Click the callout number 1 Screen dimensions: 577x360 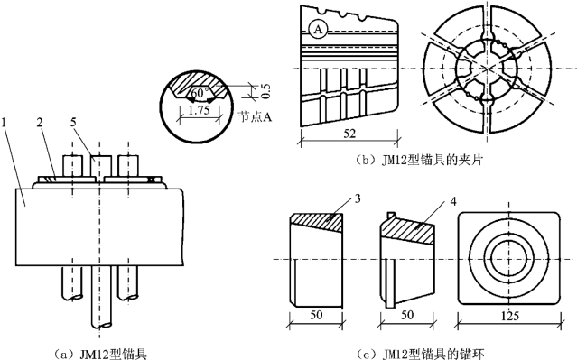tap(4, 123)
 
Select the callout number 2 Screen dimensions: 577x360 tap(40, 123)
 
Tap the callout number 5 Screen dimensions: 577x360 tap(73, 123)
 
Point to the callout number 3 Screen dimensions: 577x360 tap(358, 198)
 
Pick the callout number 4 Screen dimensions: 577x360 tap(453, 201)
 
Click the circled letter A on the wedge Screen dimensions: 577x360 tap(318, 30)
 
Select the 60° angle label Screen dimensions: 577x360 tap(199, 93)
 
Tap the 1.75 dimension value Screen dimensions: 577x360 tap(199, 110)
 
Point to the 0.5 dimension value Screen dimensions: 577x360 tap(265, 91)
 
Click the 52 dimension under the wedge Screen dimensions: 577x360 tap(349, 134)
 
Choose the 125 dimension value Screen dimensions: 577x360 tap(509, 316)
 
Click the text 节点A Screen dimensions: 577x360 tap(255, 117)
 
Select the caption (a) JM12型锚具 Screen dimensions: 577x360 tap(100, 354)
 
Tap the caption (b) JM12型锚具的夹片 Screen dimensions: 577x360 tap(419, 161)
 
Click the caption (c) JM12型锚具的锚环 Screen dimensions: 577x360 tap(421, 354)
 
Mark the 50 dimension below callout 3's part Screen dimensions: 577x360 tap(316, 315)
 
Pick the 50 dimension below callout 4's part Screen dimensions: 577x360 tap(406, 315)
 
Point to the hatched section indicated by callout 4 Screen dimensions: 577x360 tap(408, 230)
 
